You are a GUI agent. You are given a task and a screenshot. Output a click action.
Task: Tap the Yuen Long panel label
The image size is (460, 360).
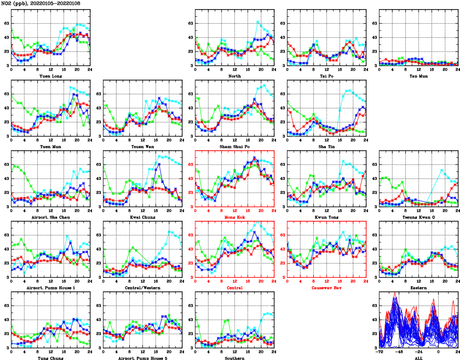51,76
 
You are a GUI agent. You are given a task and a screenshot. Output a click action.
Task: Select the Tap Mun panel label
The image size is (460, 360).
419,76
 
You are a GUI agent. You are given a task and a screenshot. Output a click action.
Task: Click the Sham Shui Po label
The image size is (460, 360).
235,146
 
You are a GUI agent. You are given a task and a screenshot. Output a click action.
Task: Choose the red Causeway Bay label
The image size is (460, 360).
327,288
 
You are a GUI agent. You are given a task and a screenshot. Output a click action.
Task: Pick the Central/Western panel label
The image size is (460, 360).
143,288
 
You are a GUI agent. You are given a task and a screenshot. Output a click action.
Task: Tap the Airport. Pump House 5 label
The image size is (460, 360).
143,358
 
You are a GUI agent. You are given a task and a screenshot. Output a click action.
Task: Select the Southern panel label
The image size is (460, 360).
235,358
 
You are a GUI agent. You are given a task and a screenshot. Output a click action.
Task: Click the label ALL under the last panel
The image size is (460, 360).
419,358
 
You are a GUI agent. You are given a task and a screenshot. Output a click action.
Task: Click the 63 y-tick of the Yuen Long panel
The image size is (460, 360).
6,23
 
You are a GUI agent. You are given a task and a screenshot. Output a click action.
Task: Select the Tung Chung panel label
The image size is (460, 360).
51,358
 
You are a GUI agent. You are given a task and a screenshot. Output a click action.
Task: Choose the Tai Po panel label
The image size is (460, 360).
327,76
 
